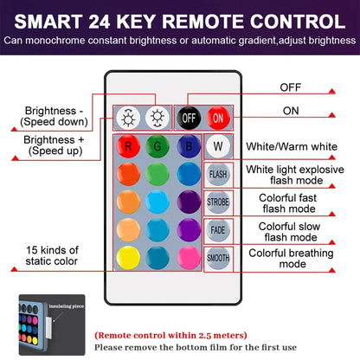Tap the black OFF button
188,116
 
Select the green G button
157,145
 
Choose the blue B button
187,145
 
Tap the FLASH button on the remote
217,173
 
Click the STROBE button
217,202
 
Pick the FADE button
217,229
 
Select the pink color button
187,257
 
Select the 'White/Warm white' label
291,145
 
